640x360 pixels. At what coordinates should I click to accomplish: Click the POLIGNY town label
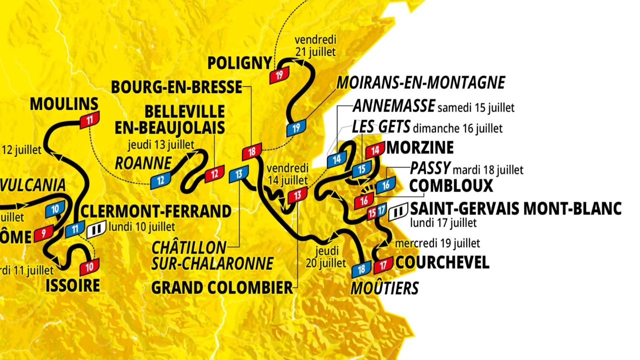tap(239, 63)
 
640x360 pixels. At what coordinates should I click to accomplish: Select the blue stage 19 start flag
tap(295, 128)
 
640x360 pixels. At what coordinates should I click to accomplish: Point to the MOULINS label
tap(64, 104)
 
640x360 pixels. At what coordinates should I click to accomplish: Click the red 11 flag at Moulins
tap(89, 119)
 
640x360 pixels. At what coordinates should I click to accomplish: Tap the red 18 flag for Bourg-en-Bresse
tap(251, 151)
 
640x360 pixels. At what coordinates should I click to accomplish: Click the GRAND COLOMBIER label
tap(221, 287)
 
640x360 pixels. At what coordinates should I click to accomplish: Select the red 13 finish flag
tap(297, 196)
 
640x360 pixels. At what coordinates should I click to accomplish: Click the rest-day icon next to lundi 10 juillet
tap(96, 229)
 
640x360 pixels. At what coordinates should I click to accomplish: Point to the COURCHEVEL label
tap(442, 262)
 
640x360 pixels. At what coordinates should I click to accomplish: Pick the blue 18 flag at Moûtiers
tap(361, 269)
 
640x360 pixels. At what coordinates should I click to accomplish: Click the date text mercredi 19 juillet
tap(437, 243)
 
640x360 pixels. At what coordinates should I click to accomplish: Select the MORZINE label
tap(420, 147)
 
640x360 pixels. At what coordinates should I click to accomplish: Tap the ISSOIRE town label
tap(72, 285)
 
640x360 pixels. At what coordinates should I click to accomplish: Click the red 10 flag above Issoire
tap(89, 266)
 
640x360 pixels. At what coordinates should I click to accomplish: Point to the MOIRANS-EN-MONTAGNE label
tap(420, 82)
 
